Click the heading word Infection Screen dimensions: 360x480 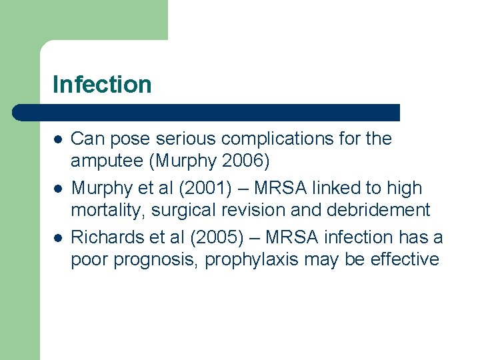102,85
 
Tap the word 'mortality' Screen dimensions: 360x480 108,211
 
